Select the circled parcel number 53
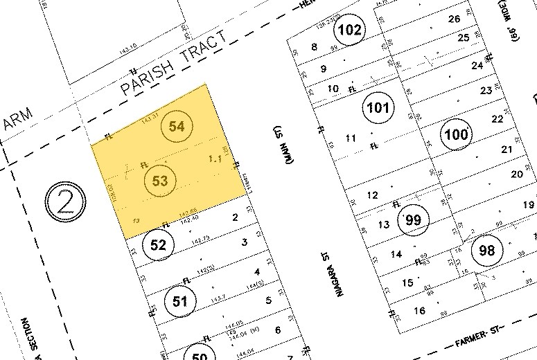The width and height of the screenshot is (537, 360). [160, 181]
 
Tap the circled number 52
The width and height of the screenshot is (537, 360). [159, 244]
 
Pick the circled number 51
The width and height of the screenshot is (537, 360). [180, 300]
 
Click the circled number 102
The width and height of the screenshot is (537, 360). [350, 30]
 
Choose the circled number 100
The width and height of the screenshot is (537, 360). [457, 134]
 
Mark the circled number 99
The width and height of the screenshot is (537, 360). [414, 220]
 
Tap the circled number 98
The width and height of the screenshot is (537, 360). [487, 251]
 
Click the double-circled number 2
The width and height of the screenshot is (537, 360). [64, 203]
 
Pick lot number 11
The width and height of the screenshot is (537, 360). [351, 138]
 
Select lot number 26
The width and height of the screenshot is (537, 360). [455, 19]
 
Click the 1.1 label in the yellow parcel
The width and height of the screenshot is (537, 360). [215, 160]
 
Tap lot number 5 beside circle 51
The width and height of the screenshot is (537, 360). [268, 300]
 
